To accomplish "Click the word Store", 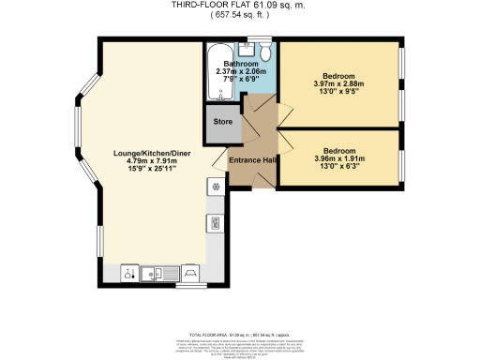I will click(x=222, y=122).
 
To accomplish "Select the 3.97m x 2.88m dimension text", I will click(x=339, y=83).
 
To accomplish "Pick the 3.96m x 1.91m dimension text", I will click(x=338, y=158).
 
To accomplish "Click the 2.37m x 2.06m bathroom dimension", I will click(x=239, y=71).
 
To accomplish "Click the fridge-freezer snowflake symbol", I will click(x=215, y=186).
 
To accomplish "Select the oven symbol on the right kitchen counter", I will click(x=215, y=223).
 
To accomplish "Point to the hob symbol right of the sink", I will click(x=191, y=274).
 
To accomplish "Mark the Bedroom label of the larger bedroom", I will click(x=339, y=75).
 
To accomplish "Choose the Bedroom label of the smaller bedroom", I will click(x=338, y=150).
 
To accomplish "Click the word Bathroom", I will click(x=239, y=63).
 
